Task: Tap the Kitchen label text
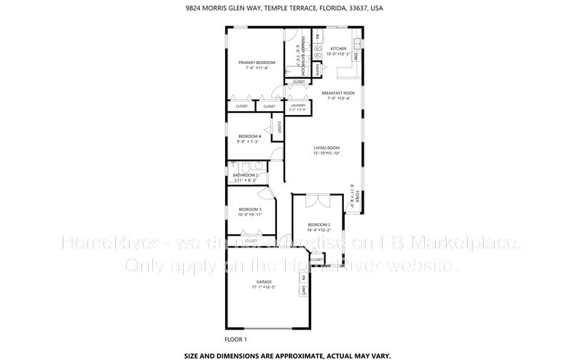coord(338,49)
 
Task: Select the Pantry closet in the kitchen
coord(318,69)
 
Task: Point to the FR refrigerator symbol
coord(318,36)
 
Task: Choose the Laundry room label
coord(297,105)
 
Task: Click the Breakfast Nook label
coord(338,93)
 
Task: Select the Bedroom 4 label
coord(249,136)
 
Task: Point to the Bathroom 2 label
coord(245,175)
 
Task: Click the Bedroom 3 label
coord(249,210)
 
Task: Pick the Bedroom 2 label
coord(319,224)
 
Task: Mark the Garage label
coord(263,282)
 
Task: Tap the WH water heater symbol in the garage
coord(302,290)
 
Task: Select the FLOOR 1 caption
coord(235,339)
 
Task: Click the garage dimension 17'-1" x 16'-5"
coord(263,288)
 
